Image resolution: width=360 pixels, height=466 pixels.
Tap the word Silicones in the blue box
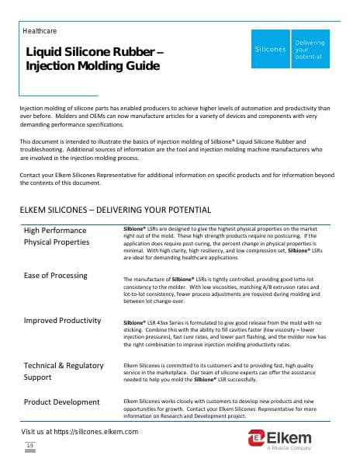click(x=270, y=48)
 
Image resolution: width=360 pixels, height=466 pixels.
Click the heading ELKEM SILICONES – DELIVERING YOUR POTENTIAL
click(x=114, y=210)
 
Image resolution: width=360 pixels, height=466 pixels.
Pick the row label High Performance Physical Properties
click(x=67, y=236)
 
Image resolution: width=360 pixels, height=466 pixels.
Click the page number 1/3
click(x=30, y=444)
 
